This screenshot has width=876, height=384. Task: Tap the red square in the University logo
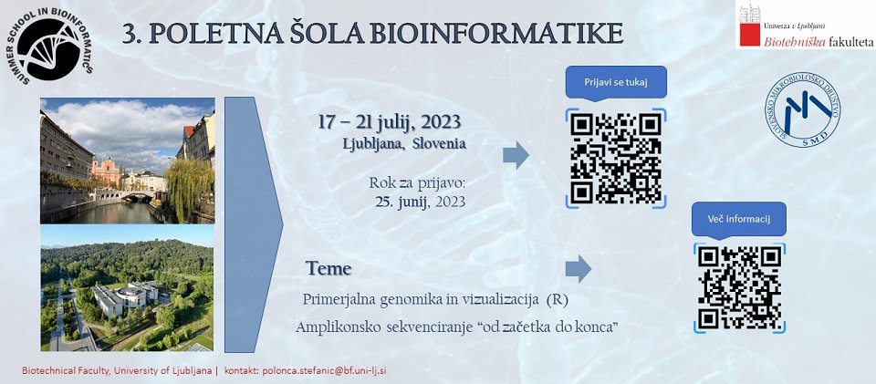750,35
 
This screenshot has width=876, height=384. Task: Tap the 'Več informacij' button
738,219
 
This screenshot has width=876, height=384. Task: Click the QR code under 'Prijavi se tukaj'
616,158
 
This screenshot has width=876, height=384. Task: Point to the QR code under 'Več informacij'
739,287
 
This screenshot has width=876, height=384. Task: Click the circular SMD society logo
802,109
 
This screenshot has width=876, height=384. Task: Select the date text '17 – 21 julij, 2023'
390,121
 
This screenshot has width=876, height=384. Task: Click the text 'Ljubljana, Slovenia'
404,143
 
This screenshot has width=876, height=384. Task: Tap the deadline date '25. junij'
401,202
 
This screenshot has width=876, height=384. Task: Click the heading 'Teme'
328,268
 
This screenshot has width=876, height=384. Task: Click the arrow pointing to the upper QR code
516,155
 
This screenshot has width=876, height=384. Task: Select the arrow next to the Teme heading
579,269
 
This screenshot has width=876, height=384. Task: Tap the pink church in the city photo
106,171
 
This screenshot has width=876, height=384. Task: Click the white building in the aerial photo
125,298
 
